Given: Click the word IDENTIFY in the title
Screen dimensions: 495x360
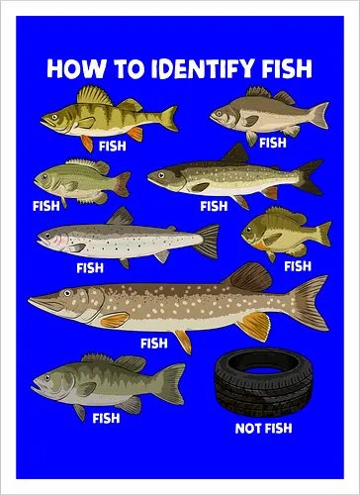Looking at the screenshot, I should (x=195, y=68).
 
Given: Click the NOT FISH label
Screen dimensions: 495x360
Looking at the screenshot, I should (x=262, y=428).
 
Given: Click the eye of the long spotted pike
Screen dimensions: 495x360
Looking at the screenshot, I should (x=53, y=293).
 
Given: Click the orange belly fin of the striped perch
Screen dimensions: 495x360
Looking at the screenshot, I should (x=87, y=142).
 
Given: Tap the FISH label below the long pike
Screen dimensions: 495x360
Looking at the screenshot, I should (x=154, y=344).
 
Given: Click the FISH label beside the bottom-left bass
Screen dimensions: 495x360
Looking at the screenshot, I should (x=106, y=418).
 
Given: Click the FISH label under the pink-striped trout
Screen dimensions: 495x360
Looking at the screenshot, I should (x=90, y=267).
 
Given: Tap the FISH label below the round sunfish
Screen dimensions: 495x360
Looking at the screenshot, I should (x=297, y=265).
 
